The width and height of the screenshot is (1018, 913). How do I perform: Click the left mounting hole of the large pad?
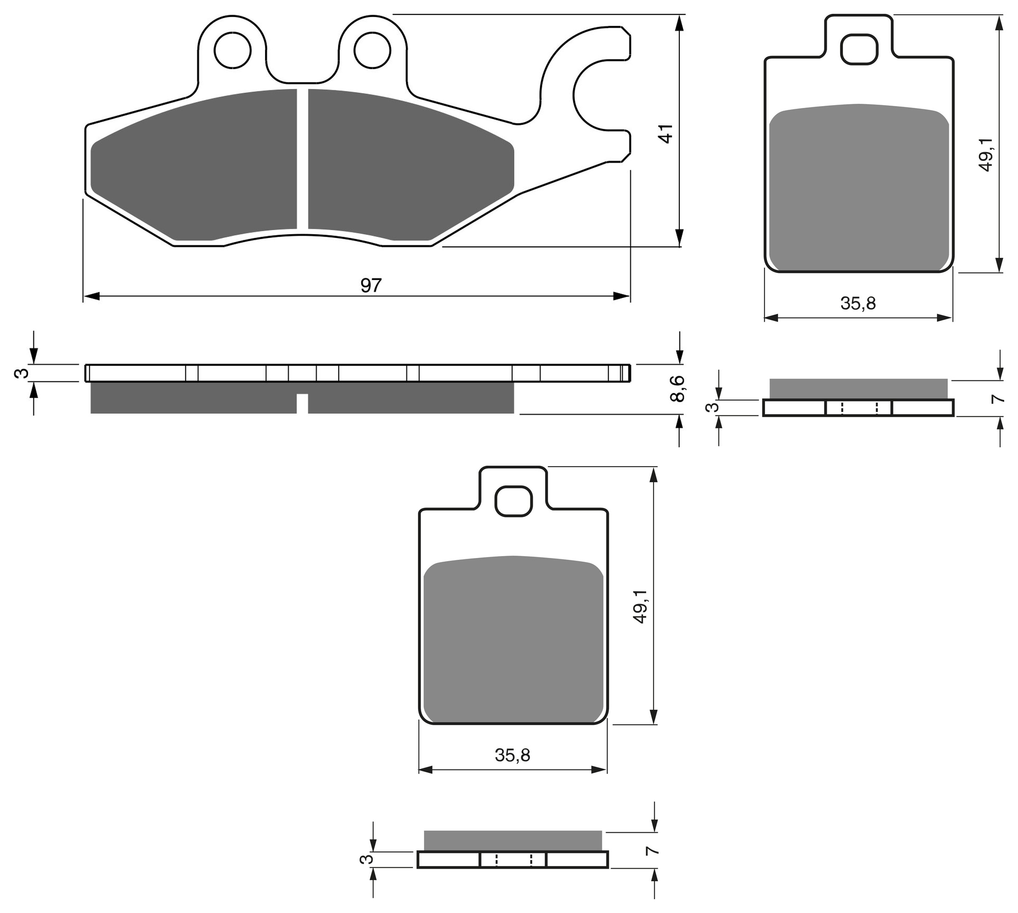[232, 50]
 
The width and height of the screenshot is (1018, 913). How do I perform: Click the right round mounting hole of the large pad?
[372, 50]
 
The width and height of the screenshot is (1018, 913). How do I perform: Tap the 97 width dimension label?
[371, 285]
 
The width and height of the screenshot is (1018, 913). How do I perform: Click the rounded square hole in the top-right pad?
[859, 49]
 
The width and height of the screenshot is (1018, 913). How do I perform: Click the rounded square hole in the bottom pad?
[513, 501]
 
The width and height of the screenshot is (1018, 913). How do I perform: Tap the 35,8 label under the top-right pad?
[858, 303]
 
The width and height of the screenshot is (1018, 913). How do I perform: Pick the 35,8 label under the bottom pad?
[512, 755]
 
